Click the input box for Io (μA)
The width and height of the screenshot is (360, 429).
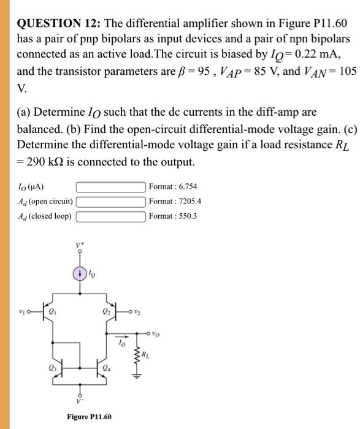pyautogui.click(x=111, y=186)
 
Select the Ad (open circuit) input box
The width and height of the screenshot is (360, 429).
pyautogui.click(x=111, y=201)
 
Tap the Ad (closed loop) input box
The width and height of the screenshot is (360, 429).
pyautogui.click(x=111, y=216)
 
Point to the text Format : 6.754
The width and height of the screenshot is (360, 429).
pyautogui.click(x=174, y=186)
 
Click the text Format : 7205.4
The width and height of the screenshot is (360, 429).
pyautogui.click(x=176, y=201)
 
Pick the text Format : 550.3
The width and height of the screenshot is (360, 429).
pyautogui.click(x=174, y=216)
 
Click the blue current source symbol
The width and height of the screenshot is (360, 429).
pyautogui.click(x=79, y=273)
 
